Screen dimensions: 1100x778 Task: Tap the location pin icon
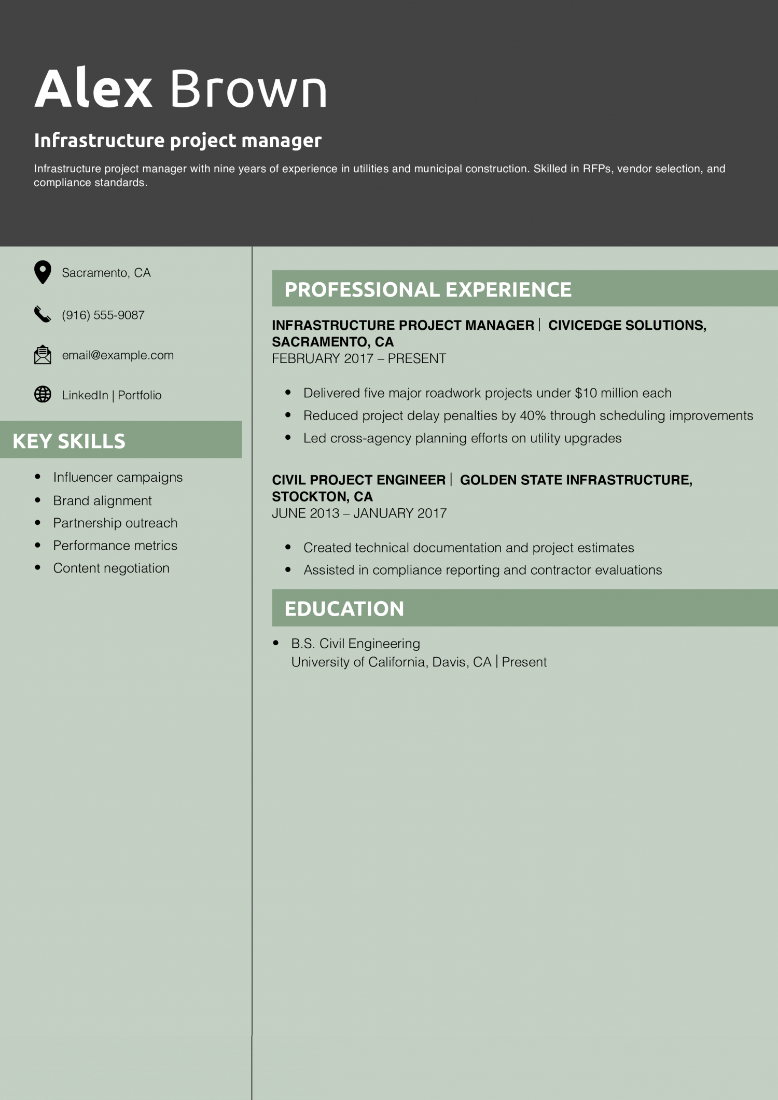point(43,272)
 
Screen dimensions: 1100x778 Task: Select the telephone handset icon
point(43,314)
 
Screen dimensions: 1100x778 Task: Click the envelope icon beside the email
point(43,355)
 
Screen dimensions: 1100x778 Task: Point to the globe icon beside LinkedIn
point(43,395)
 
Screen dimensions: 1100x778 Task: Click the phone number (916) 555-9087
point(103,315)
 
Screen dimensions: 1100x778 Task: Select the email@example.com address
point(118,355)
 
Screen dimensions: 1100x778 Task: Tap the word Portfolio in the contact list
point(140,395)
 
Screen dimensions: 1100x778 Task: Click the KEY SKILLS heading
point(69,441)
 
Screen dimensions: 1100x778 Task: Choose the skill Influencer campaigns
point(118,477)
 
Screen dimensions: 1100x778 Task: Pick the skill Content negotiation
point(111,568)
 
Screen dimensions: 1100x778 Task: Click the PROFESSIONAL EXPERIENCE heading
point(428,289)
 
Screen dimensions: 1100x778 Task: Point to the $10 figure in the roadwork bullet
point(586,393)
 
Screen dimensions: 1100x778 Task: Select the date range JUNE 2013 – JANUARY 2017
point(359,513)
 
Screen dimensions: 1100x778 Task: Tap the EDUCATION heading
point(344,609)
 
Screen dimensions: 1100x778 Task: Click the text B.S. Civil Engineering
point(355,644)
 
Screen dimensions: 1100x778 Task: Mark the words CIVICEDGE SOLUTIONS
point(626,325)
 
